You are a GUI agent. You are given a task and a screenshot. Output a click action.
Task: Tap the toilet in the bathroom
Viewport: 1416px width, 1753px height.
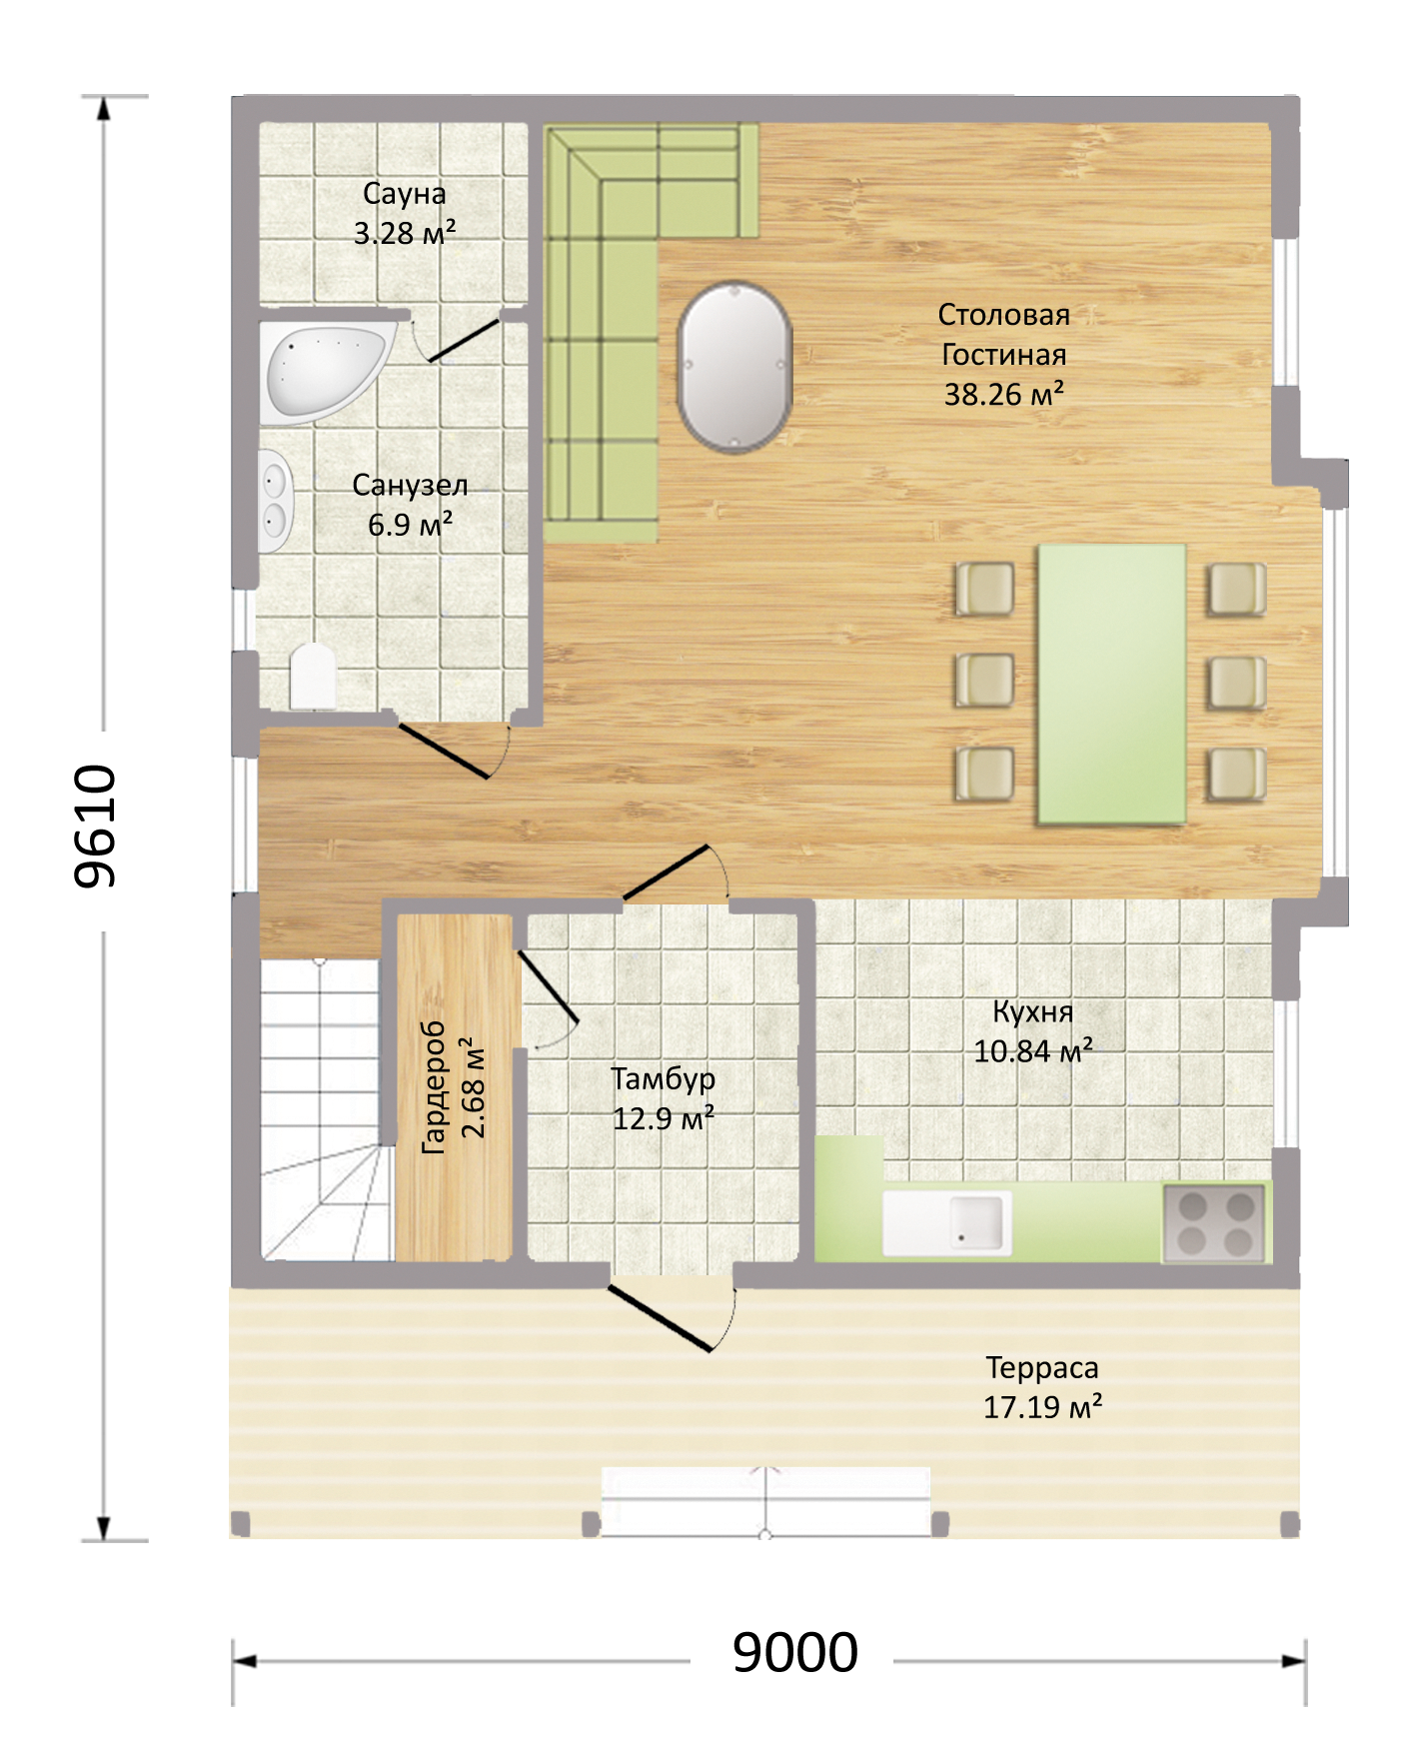pyautogui.click(x=313, y=676)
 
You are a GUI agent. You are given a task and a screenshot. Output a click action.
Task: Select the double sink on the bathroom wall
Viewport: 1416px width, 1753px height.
pyautogui.click(x=274, y=501)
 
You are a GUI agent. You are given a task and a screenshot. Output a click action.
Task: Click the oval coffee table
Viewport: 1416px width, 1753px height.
pyautogui.click(x=734, y=367)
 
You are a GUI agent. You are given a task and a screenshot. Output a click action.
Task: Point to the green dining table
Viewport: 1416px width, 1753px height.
pyautogui.click(x=1112, y=685)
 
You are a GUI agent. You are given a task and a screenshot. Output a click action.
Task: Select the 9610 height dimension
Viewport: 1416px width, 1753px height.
pyautogui.click(x=96, y=827)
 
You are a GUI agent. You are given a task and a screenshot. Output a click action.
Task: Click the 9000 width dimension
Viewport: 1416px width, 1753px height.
pyautogui.click(x=795, y=1652)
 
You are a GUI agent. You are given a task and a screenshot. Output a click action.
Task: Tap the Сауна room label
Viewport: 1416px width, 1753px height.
pyautogui.click(x=405, y=193)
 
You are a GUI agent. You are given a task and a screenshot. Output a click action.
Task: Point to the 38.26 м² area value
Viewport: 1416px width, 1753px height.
pyautogui.click(x=1004, y=394)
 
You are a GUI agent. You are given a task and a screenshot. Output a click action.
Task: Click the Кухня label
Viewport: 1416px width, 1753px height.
pyautogui.click(x=1033, y=1011)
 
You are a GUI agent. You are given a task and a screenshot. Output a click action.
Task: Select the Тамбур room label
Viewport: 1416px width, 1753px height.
pyautogui.click(x=664, y=1079)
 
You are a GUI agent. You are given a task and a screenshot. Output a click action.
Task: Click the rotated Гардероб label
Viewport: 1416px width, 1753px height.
pyautogui.click(x=434, y=1087)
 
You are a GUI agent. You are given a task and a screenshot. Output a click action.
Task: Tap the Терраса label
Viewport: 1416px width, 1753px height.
pyautogui.click(x=1042, y=1368)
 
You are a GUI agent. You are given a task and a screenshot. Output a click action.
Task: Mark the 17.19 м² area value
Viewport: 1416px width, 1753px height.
pyautogui.click(x=1042, y=1407)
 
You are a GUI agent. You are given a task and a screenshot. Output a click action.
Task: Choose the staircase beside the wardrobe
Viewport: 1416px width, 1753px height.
pyautogui.click(x=321, y=1109)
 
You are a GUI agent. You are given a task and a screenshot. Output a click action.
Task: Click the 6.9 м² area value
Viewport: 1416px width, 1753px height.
pyautogui.click(x=411, y=524)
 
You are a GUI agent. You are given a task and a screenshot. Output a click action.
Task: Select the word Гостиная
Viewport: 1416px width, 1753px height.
pyautogui.click(x=1004, y=355)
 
